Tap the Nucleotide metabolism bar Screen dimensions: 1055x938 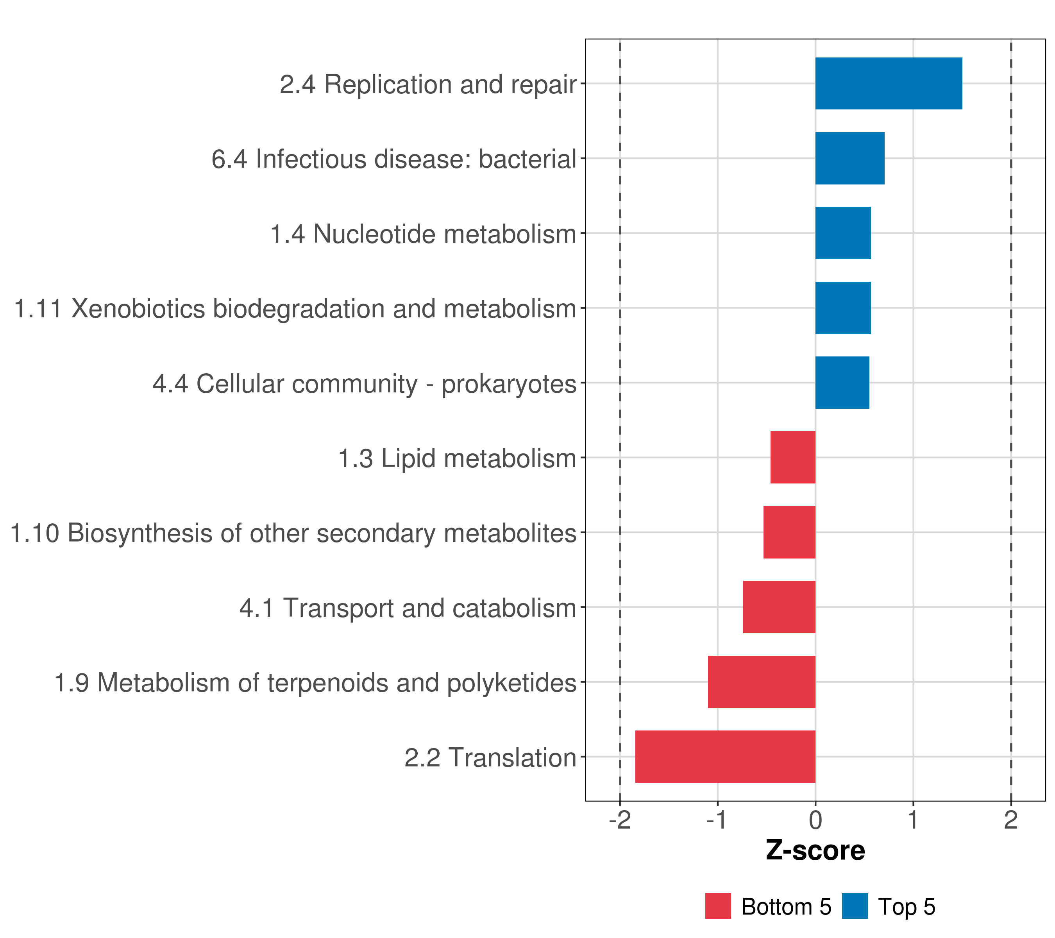pyautogui.click(x=843, y=233)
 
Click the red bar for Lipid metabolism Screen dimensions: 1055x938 pyautogui.click(x=793, y=457)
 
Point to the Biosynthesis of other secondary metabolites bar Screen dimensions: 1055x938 pyautogui.click(x=789, y=532)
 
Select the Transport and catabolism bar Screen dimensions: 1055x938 pyautogui.click(x=780, y=607)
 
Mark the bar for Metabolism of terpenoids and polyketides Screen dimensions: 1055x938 pyautogui.click(x=762, y=682)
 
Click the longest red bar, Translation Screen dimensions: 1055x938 pyautogui.click(x=725, y=757)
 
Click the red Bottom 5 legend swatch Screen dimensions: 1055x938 pyautogui.click(x=718, y=906)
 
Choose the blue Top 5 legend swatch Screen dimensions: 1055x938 pyautogui.click(x=855, y=906)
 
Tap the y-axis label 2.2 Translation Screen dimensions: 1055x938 pyautogui.click(x=490, y=758)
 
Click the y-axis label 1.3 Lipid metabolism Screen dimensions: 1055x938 pyautogui.click(x=457, y=458)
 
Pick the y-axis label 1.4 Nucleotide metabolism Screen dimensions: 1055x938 pyautogui.click(x=423, y=234)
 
